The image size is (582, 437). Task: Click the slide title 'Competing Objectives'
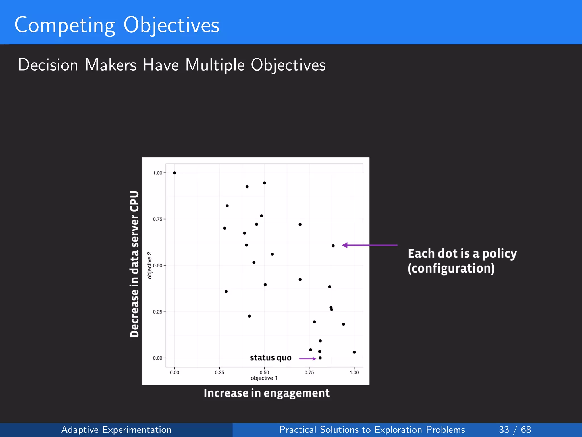point(117,25)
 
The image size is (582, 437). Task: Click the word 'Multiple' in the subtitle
point(215,65)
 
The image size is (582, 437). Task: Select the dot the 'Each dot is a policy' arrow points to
point(333,246)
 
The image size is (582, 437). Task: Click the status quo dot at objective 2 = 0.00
point(320,358)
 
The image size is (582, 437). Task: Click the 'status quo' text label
point(271,358)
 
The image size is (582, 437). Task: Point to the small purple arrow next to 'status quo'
point(307,359)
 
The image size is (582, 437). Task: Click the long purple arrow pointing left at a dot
point(369,245)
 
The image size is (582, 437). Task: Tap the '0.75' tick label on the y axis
point(157,219)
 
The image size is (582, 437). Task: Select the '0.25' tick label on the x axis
point(219,372)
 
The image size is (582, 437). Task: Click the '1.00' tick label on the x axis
point(354,372)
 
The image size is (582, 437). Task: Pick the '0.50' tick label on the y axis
point(157,265)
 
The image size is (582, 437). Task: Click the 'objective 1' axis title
point(264,378)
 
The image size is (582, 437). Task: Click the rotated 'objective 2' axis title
point(149,265)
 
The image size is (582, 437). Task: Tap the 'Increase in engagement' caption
point(267,393)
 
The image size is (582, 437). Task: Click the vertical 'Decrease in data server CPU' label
point(134,264)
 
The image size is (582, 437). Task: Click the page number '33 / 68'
point(515,430)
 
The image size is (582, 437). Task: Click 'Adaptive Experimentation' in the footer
point(116,430)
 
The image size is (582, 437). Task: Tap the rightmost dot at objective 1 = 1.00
point(354,352)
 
